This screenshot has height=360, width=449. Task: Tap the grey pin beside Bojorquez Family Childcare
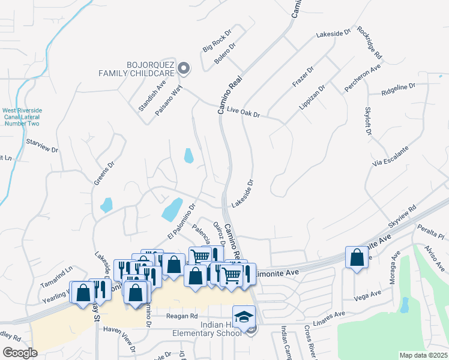point(185,69)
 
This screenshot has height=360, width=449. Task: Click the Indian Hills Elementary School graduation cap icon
point(244,315)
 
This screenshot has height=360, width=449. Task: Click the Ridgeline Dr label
point(398,90)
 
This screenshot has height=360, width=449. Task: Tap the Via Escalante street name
point(391,156)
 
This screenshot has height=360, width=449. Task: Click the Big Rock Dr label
point(217,40)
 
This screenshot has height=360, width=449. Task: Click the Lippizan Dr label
point(312,97)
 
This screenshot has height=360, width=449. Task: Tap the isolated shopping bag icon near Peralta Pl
point(357,257)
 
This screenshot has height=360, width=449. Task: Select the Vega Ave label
point(368,295)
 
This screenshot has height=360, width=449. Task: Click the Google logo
point(20,353)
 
